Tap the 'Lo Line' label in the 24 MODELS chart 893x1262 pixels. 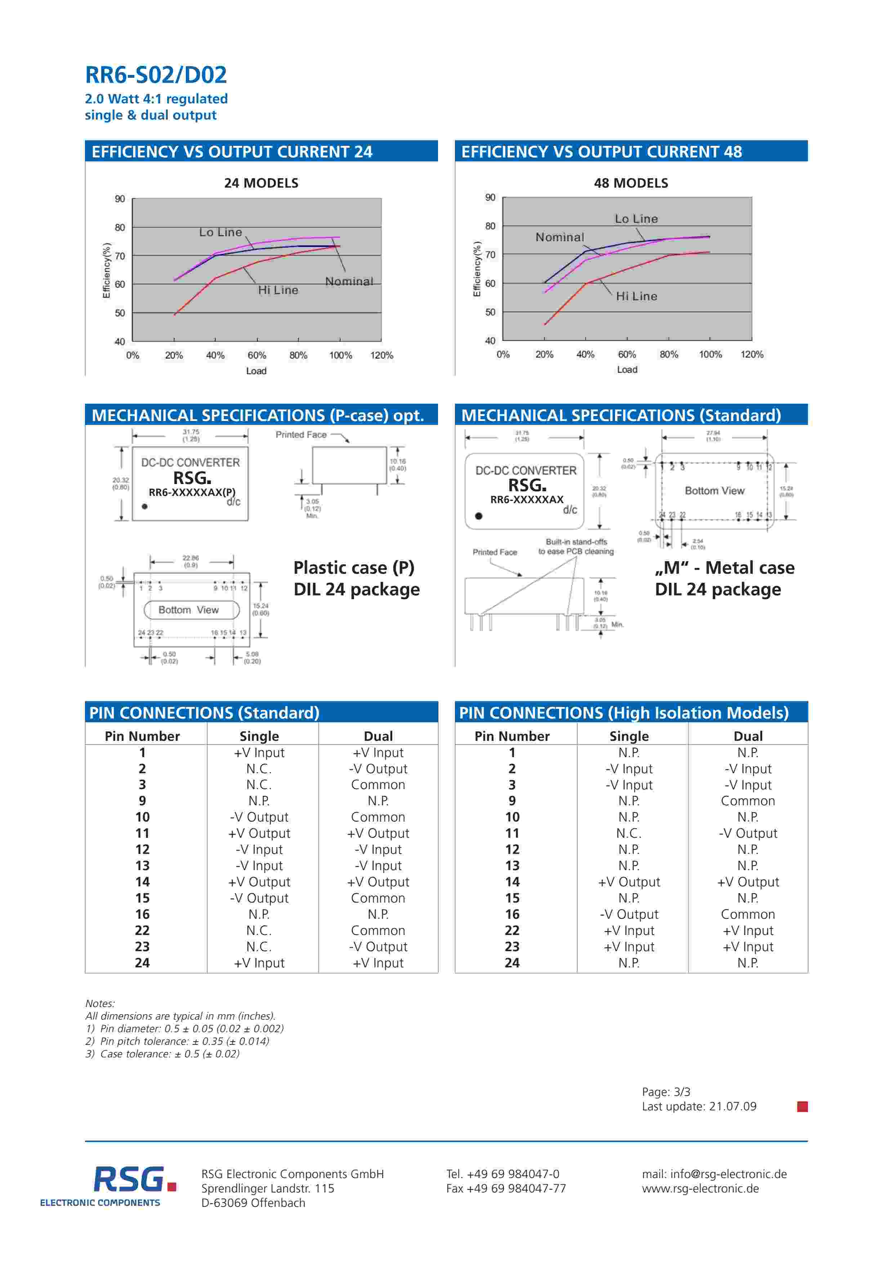click(x=220, y=233)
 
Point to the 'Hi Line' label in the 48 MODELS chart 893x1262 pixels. click(x=636, y=296)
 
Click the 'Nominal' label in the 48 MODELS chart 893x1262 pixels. click(x=560, y=237)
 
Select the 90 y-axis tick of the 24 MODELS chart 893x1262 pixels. click(x=120, y=199)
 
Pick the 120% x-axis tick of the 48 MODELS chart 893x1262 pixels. click(x=752, y=354)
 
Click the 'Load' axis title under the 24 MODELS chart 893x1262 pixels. click(x=256, y=371)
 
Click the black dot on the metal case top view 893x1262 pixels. click(x=479, y=516)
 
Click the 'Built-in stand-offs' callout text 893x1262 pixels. click(x=576, y=542)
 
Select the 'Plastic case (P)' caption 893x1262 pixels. click(x=354, y=567)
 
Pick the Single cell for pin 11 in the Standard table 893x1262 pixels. click(x=259, y=833)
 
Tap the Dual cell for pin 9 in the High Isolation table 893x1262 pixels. click(x=748, y=801)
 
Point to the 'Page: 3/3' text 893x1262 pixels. click(x=666, y=1092)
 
